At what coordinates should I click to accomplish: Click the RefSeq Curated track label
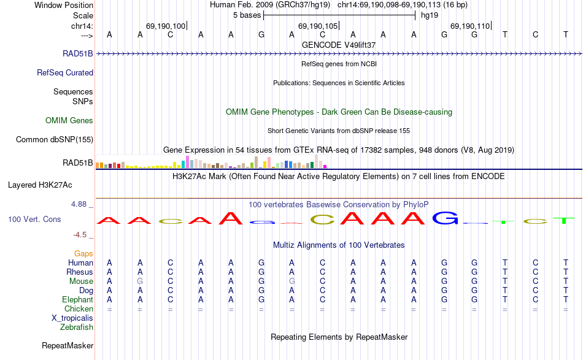tap(65, 72)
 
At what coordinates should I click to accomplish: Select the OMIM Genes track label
tap(69, 120)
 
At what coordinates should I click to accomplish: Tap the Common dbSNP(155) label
tap(55, 139)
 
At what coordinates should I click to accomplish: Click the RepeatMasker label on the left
tap(68, 345)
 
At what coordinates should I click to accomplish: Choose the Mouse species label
tap(82, 281)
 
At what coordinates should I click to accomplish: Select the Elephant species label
tap(77, 299)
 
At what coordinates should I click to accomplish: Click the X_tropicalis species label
tap(72, 318)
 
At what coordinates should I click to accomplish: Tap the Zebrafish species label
tap(77, 327)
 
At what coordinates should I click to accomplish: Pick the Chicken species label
tap(79, 308)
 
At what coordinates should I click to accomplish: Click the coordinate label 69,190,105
tap(317, 26)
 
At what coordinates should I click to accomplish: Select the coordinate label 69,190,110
tap(469, 26)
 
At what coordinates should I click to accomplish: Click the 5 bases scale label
tap(247, 15)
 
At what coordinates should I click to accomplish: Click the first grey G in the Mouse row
tap(140, 281)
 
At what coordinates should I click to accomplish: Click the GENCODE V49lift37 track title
tap(339, 45)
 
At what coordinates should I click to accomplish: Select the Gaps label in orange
tap(83, 253)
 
